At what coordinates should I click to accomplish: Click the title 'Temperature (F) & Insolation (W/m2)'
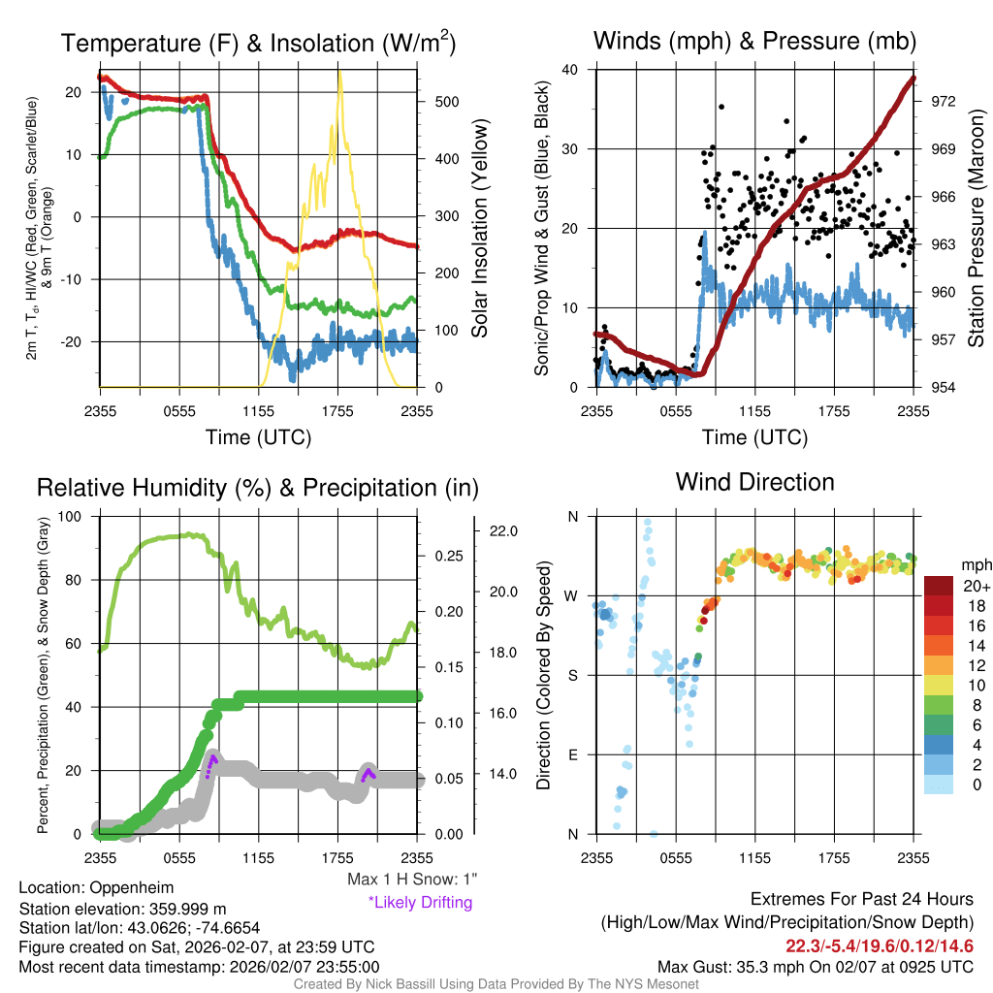[259, 44]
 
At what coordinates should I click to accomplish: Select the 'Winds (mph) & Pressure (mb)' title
[754, 41]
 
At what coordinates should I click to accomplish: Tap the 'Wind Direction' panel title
[754, 482]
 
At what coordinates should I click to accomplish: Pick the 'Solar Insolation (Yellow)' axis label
[480, 228]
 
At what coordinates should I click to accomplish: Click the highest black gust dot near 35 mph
[721, 107]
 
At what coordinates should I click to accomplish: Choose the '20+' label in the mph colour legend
[974, 586]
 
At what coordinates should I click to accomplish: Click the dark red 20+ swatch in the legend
[940, 586]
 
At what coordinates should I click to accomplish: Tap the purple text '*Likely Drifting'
[420, 903]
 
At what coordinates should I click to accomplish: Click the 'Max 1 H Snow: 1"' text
[412, 880]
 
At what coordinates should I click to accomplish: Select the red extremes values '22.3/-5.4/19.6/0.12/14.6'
[880, 945]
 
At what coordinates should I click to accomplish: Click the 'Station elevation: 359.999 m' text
[122, 909]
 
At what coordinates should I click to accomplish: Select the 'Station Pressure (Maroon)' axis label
[977, 228]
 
